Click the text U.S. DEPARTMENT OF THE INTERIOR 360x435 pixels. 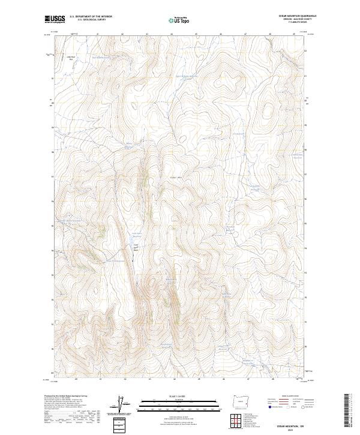91,17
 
